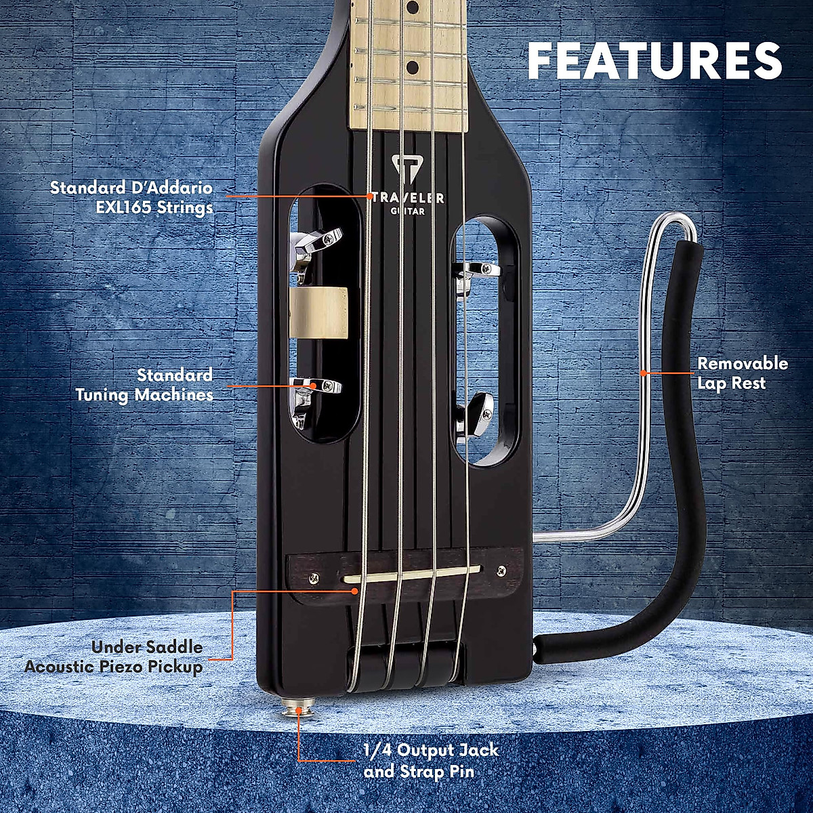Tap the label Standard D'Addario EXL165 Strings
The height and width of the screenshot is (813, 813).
point(131,197)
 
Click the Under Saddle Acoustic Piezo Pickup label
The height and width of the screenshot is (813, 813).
point(114,656)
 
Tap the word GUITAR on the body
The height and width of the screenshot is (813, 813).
point(407,211)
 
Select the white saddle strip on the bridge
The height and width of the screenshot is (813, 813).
point(411,573)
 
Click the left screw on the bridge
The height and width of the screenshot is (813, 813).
point(314,578)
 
